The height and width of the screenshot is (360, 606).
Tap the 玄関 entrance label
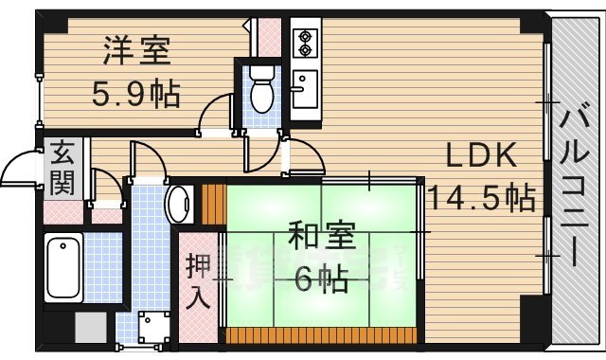tap(63, 168)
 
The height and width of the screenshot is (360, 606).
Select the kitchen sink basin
tap(305, 90)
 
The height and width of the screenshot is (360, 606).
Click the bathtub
tap(66, 267)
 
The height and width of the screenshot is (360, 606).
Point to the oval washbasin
tap(178, 203)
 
